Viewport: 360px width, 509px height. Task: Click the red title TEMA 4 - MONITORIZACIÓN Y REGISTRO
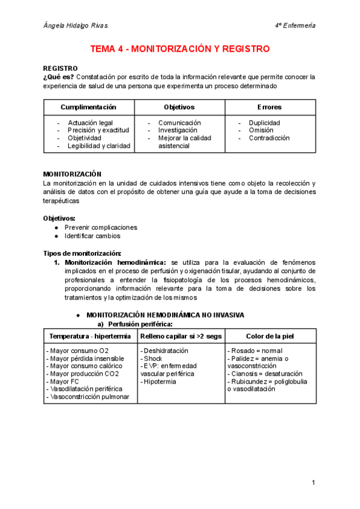click(179, 49)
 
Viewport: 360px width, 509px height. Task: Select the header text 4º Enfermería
click(295, 26)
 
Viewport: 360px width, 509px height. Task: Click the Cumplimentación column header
click(88, 107)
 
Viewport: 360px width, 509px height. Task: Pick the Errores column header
click(269, 107)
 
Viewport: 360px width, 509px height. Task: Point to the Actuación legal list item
click(90, 123)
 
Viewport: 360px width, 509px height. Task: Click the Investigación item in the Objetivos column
click(178, 130)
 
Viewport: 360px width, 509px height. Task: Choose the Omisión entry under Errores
click(261, 130)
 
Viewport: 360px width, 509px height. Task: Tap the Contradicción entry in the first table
click(269, 138)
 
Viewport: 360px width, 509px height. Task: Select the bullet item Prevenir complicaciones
click(101, 227)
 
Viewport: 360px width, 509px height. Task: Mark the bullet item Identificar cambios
click(92, 236)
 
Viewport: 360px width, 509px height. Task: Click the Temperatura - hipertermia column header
click(90, 336)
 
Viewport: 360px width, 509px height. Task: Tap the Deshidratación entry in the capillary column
click(164, 351)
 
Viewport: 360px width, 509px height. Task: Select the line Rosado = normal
click(254, 351)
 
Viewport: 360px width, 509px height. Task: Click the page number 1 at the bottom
click(313, 483)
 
